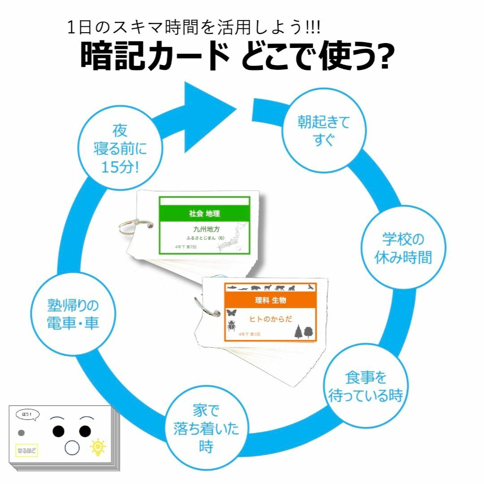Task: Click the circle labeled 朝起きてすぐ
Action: (x=324, y=130)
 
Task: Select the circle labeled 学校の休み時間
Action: (x=403, y=247)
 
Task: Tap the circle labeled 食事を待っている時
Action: (x=366, y=387)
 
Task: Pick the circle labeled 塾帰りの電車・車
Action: (x=73, y=315)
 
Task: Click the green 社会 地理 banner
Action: (x=204, y=214)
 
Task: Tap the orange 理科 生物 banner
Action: (x=270, y=300)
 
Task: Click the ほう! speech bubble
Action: (x=27, y=415)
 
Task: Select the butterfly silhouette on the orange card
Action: (x=232, y=312)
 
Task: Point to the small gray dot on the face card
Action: (x=21, y=433)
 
